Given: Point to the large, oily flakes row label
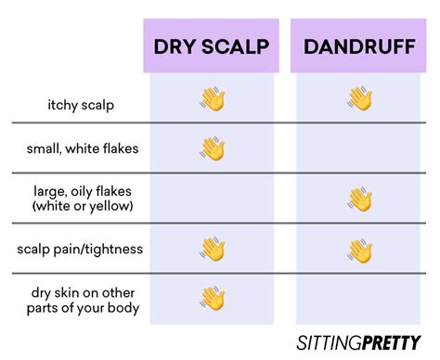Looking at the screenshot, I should (x=75, y=191).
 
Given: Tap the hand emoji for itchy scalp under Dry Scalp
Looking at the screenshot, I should (x=213, y=99).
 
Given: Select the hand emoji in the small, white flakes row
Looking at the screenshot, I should (x=213, y=148).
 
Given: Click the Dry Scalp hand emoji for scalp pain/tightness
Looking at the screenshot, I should (x=213, y=249).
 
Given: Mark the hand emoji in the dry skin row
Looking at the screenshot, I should (x=213, y=298).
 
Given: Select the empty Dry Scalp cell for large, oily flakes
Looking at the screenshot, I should (x=213, y=199).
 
